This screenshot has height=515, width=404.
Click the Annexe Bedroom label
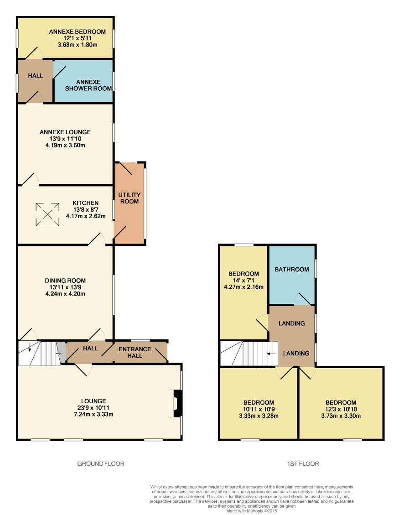(78, 32)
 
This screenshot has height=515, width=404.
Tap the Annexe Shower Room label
(88, 85)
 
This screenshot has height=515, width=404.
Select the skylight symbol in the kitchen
(47, 215)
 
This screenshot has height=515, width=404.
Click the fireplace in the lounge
(176, 403)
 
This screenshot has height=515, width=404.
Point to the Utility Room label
(129, 198)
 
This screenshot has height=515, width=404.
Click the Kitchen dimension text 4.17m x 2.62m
(86, 216)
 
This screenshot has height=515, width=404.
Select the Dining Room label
(65, 281)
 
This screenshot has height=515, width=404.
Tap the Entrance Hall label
(135, 353)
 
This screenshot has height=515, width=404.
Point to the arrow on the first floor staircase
(271, 354)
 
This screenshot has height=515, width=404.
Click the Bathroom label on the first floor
(292, 269)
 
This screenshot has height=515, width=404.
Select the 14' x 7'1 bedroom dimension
(243, 281)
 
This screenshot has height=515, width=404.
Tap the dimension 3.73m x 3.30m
(341, 416)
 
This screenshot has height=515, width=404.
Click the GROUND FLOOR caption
(101, 464)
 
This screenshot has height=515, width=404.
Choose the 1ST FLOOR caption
(303, 464)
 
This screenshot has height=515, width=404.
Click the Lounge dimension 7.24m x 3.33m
(93, 414)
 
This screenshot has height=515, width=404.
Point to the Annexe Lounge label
(65, 132)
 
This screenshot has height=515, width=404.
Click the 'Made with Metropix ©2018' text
(252, 511)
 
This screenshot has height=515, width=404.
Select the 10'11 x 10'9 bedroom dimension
(259, 409)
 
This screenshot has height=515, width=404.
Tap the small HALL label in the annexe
(36, 76)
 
